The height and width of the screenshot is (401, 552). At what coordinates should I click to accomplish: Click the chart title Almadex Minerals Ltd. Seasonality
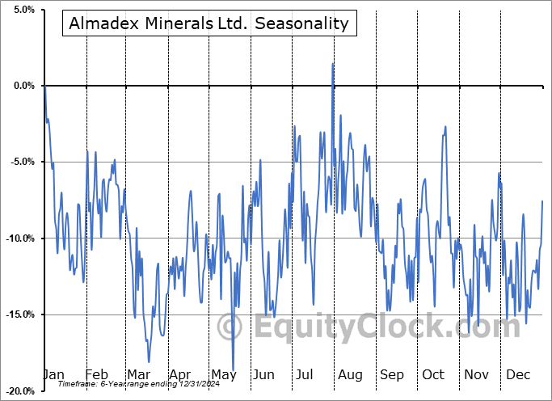click(x=209, y=23)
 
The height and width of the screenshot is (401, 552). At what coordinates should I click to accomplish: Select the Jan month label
click(x=53, y=375)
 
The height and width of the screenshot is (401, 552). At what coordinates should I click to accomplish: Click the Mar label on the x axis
click(x=137, y=375)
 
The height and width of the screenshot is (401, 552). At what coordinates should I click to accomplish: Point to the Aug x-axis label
click(x=349, y=375)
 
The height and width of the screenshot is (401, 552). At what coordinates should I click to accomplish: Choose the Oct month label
click(x=433, y=375)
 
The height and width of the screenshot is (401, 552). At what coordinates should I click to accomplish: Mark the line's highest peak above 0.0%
click(x=333, y=64)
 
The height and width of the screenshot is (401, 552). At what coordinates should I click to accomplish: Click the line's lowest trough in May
click(x=234, y=370)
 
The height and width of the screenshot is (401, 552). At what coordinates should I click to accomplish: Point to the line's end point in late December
click(x=542, y=200)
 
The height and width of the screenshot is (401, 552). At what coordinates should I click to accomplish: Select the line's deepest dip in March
click(x=149, y=361)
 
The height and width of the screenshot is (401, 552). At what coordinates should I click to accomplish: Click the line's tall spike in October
click(x=445, y=126)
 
